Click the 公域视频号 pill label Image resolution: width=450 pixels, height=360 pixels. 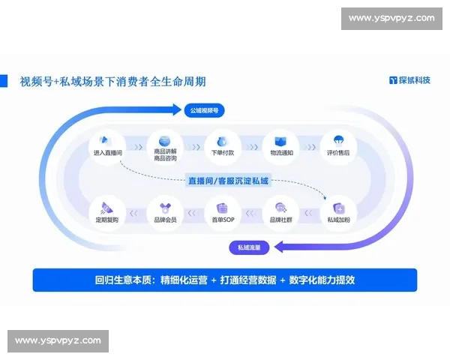(203, 110)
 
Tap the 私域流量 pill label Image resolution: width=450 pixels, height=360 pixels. (250, 247)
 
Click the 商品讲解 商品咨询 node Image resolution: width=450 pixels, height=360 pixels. (164, 145)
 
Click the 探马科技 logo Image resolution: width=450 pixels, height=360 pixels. (409, 80)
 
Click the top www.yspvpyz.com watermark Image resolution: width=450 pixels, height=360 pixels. (391, 18)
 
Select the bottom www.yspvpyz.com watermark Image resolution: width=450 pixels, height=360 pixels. (58, 341)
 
